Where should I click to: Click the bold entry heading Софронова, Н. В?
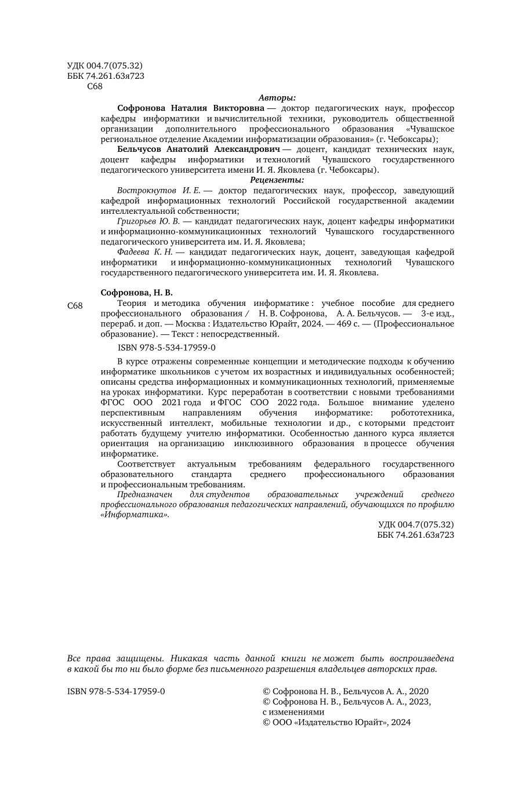coord(137,293)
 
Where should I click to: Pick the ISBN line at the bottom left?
coord(117,691)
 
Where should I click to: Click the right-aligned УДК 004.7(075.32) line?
coord(416,524)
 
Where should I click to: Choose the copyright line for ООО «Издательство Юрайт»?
coord(336,723)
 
